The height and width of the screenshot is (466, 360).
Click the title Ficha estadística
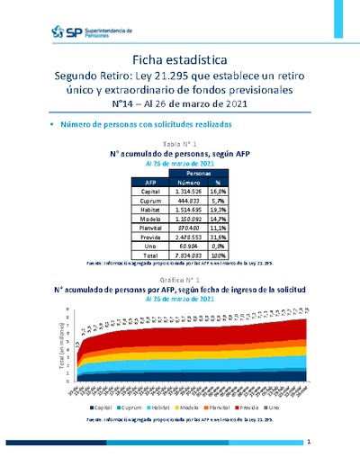click(179, 58)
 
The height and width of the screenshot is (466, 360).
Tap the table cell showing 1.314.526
click(183, 191)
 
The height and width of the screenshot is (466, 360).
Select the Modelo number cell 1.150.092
click(183, 220)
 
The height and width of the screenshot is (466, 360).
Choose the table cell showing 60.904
click(184, 250)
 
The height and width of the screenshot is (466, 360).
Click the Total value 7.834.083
click(183, 260)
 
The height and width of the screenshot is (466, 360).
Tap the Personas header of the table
click(199, 171)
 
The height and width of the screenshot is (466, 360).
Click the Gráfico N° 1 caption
click(179, 282)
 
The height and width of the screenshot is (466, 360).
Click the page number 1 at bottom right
click(309, 443)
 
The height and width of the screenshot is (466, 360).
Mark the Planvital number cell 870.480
click(184, 230)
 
